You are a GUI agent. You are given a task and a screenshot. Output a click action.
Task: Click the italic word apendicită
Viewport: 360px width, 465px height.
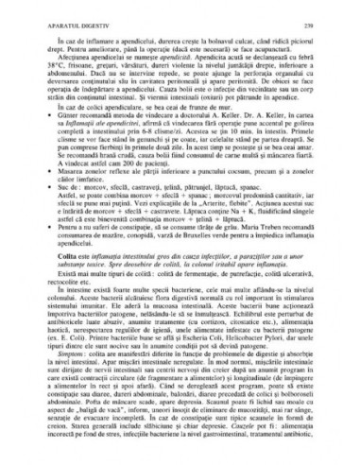click(x=184, y=59)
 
